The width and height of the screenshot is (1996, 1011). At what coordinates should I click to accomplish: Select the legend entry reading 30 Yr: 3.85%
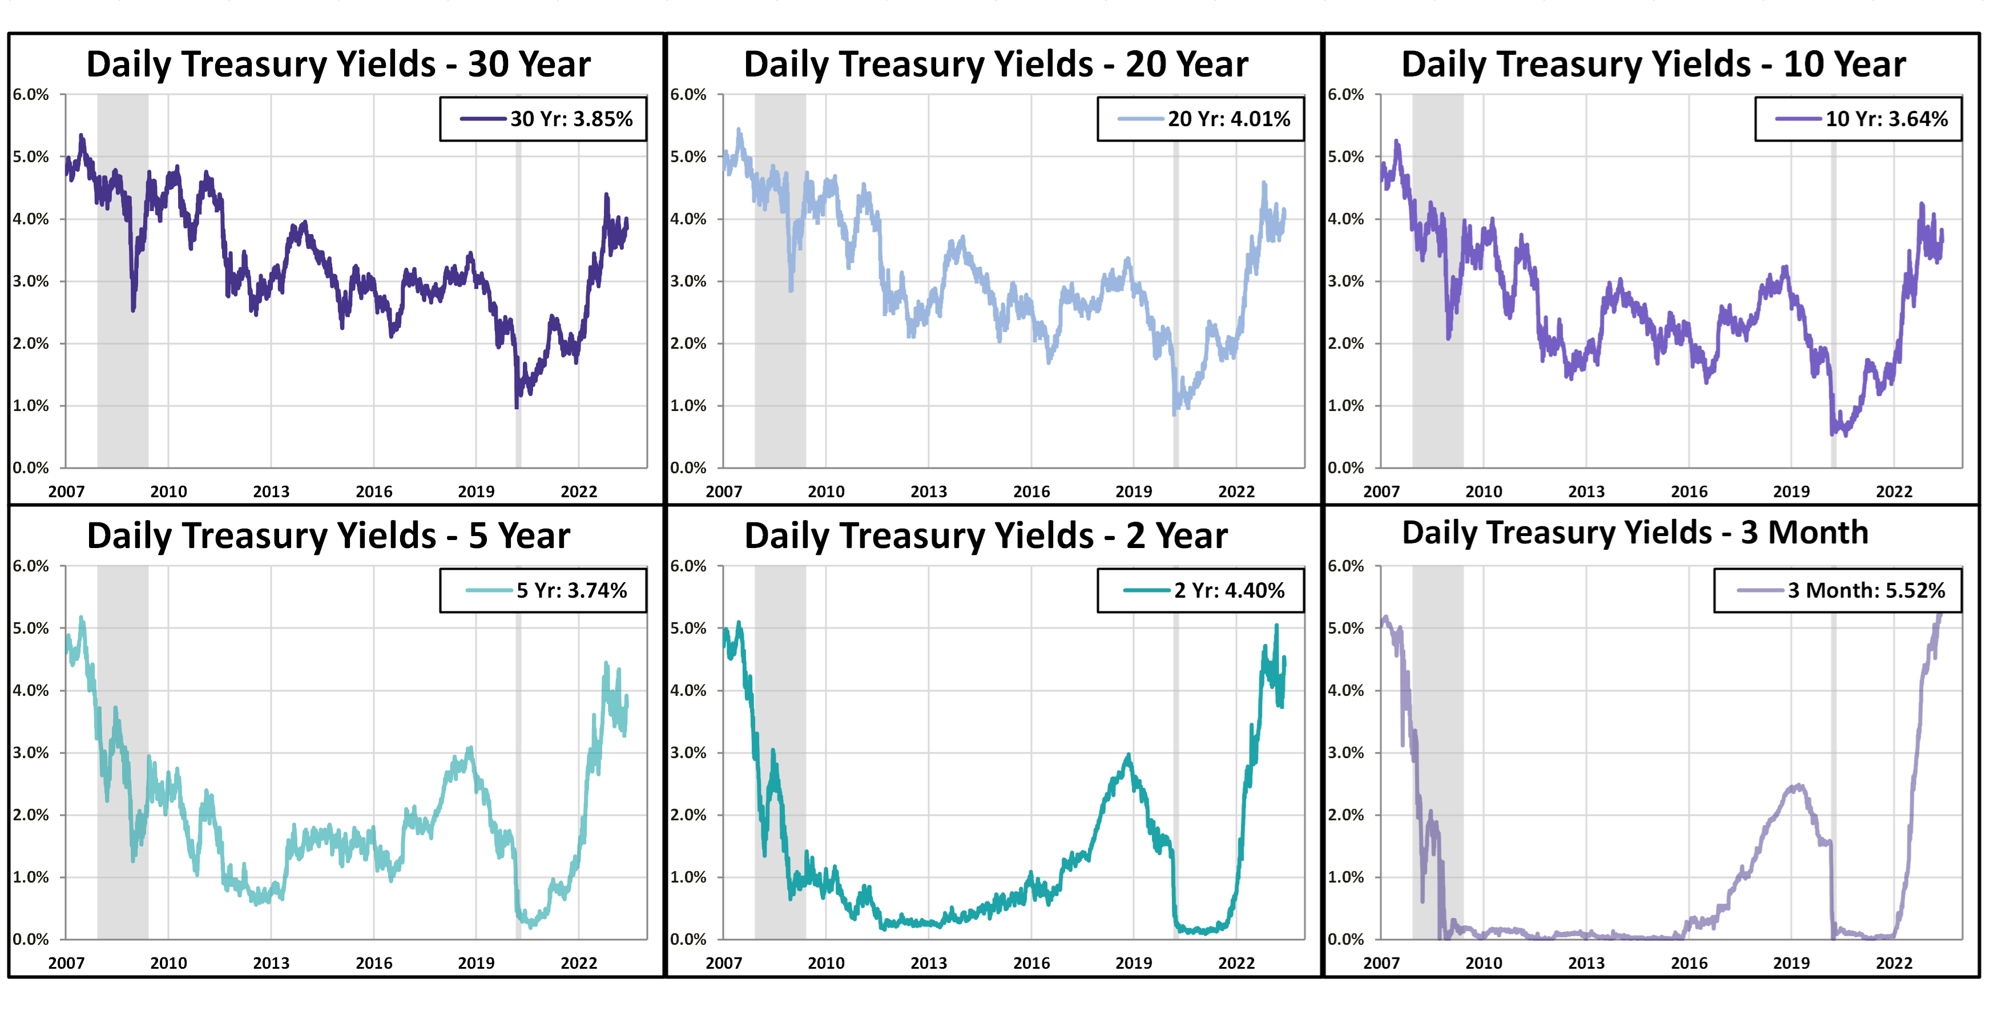571,119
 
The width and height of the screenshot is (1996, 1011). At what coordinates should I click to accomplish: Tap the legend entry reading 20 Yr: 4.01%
1229,119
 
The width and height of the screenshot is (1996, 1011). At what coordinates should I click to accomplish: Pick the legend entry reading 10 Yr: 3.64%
1886,119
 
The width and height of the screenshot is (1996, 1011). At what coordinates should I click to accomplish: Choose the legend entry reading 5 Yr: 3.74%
571,591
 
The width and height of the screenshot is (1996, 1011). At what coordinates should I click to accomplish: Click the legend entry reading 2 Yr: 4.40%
1229,591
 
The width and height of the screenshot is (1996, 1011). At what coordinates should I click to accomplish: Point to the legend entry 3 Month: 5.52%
1866,591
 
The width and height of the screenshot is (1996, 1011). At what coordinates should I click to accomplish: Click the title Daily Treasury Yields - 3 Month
1635,533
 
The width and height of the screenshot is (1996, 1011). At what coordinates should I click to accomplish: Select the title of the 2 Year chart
986,535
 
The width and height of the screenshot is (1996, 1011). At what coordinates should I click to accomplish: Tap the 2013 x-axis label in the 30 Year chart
271,492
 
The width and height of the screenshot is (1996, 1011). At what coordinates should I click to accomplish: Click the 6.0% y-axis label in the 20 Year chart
688,95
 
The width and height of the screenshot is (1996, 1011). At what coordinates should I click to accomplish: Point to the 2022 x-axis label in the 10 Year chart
1894,492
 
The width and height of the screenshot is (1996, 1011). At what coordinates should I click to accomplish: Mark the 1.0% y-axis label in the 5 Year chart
30,877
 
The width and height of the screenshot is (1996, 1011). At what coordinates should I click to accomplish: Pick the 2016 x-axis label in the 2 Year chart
1031,963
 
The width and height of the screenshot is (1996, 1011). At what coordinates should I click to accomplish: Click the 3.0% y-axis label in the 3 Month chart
1346,752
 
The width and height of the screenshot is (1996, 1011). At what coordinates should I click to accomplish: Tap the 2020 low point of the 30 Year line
517,406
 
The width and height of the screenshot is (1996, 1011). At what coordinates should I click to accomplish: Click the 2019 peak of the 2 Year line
1128,755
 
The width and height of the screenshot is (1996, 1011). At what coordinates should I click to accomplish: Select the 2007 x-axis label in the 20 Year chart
724,492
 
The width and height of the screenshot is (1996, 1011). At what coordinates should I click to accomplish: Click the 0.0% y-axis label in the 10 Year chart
1346,468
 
